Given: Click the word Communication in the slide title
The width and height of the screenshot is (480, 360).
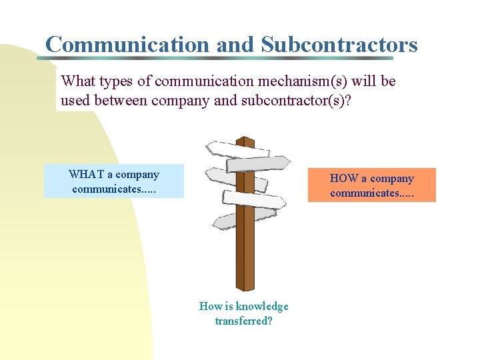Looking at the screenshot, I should tap(127, 44).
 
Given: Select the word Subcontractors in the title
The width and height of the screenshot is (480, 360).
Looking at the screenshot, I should tap(339, 44).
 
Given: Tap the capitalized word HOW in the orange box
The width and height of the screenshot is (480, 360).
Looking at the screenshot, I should tap(344, 179).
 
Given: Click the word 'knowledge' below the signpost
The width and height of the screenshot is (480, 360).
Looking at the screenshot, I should tap(262, 307).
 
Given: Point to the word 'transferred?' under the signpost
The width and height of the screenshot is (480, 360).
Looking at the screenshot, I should tap(243, 321).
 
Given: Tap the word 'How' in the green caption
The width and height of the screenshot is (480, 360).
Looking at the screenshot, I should tap(210, 307).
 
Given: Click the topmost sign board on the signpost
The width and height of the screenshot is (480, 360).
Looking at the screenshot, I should tap(237, 147).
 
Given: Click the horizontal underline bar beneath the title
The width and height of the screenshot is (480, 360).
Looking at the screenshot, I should tap(227, 59).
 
